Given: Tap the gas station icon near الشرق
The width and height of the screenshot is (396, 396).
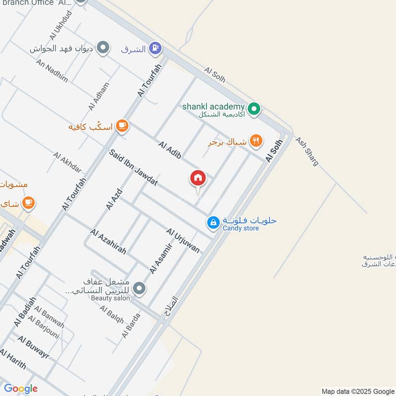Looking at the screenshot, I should (155, 49).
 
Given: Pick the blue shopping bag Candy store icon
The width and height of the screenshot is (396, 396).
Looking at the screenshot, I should (213, 223).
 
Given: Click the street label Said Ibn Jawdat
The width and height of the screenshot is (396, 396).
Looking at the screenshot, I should (134, 168).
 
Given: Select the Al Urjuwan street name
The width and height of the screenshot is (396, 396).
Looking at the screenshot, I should (183, 241).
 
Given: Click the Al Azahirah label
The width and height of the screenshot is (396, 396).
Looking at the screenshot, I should (108, 242).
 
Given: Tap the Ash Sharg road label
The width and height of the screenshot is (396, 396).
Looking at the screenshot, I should (307, 151).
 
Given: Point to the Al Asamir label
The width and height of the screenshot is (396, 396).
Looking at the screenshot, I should (161, 258).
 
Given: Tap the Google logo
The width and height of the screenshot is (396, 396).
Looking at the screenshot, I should (21, 389).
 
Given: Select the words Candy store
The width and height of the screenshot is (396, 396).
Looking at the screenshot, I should (241, 228).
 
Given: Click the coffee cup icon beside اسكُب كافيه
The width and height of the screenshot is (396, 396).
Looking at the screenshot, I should (122, 126).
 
